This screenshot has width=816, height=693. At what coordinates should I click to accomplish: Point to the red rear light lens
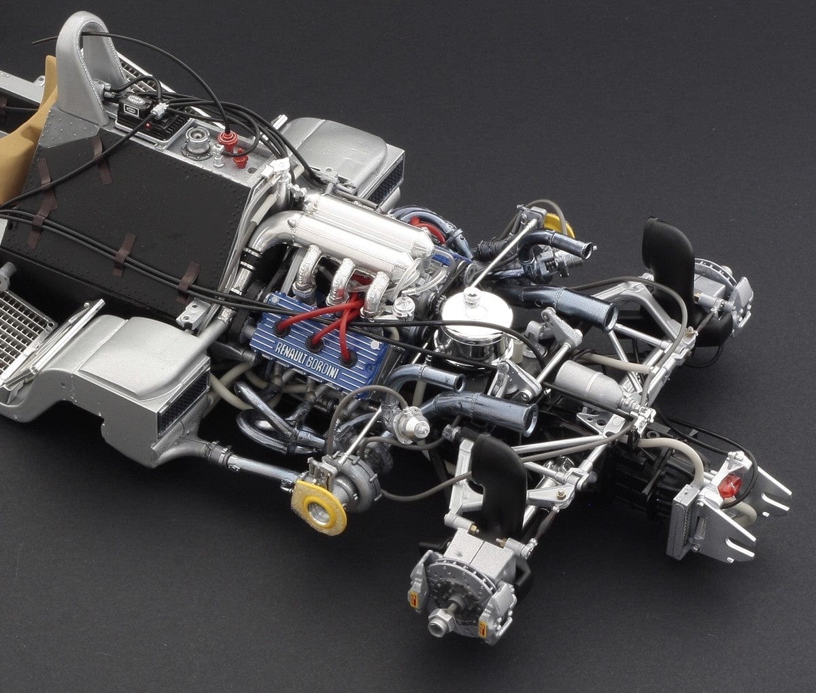coord(730,485)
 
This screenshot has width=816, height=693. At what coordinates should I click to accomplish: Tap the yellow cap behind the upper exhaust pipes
coord(556,224)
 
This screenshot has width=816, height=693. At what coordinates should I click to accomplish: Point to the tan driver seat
coord(27,136)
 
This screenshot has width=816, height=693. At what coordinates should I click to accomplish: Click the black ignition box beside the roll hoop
coord(133,109)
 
